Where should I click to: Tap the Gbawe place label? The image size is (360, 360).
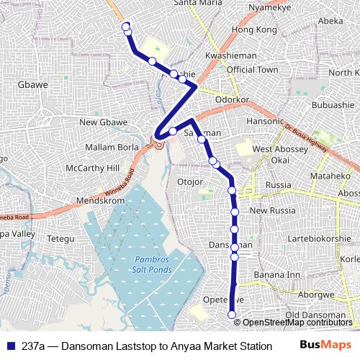coord(32,84)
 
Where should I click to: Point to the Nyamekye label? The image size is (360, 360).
coord(269,7)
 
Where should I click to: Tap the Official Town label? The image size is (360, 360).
coord(252,70)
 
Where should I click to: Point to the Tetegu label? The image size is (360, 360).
coord(60,238)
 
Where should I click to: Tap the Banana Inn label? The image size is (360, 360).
coord(276,274)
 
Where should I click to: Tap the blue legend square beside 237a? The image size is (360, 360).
coord(10,345)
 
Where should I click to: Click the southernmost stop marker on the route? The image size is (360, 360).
coord(232,314)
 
